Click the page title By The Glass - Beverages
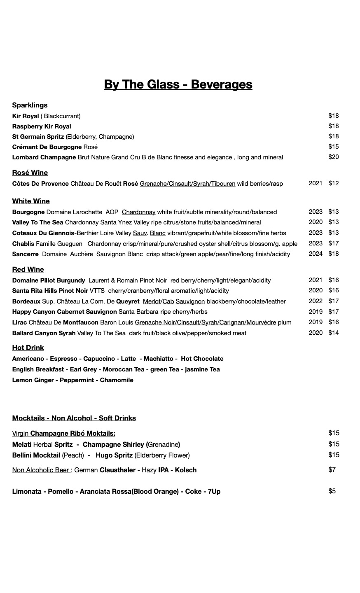178,84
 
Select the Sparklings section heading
30,105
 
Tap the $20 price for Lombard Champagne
333,157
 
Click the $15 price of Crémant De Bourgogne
333,147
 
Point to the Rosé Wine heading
30,173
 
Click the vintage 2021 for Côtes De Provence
315,183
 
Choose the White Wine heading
31,201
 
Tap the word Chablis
23,244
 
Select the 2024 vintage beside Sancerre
315,254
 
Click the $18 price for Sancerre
333,254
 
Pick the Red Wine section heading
28,270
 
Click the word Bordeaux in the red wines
26,301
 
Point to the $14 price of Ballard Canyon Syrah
333,333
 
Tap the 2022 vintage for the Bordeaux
315,301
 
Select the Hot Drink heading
28,348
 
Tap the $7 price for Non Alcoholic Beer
332,470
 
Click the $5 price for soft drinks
332,491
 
